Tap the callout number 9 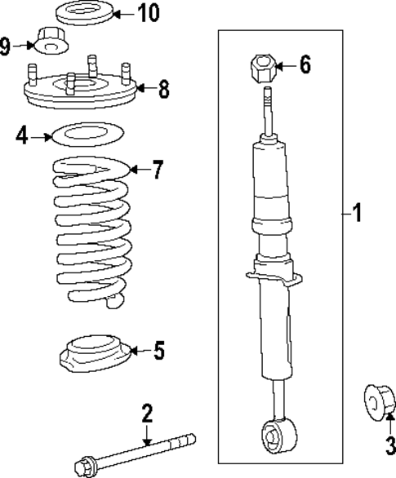click(6, 46)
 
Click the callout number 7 click(157, 170)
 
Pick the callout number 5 click(158, 351)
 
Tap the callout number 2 click(147, 414)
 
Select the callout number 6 click(305, 65)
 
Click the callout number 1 click(356, 215)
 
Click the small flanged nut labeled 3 click(376, 401)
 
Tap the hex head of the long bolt click(82, 467)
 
